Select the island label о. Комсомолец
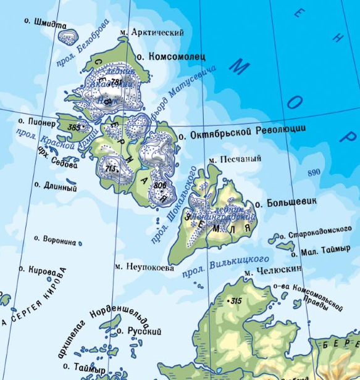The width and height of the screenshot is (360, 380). [170, 57]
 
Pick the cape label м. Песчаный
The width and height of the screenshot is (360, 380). [235, 159]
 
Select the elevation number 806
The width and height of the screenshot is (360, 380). [160, 185]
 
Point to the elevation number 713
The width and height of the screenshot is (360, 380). [111, 168]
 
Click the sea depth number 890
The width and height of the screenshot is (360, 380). [314, 173]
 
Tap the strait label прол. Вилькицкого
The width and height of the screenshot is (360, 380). [226, 267]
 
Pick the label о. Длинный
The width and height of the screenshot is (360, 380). [56, 184]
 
